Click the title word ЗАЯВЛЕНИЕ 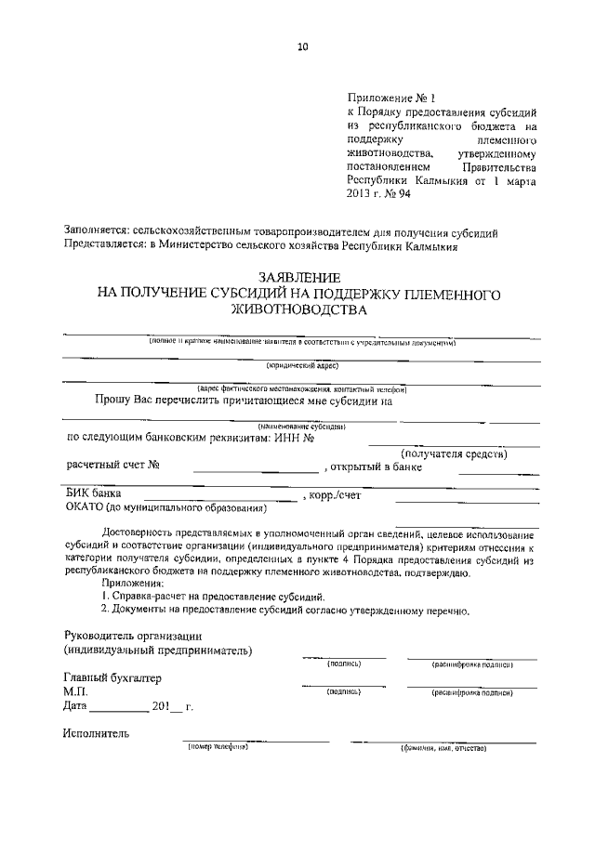[x=299, y=278]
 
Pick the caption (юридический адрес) [x=301, y=366]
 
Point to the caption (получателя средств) [x=453, y=453]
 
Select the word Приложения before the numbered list [x=132, y=581]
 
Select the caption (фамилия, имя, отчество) [x=443, y=747]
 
